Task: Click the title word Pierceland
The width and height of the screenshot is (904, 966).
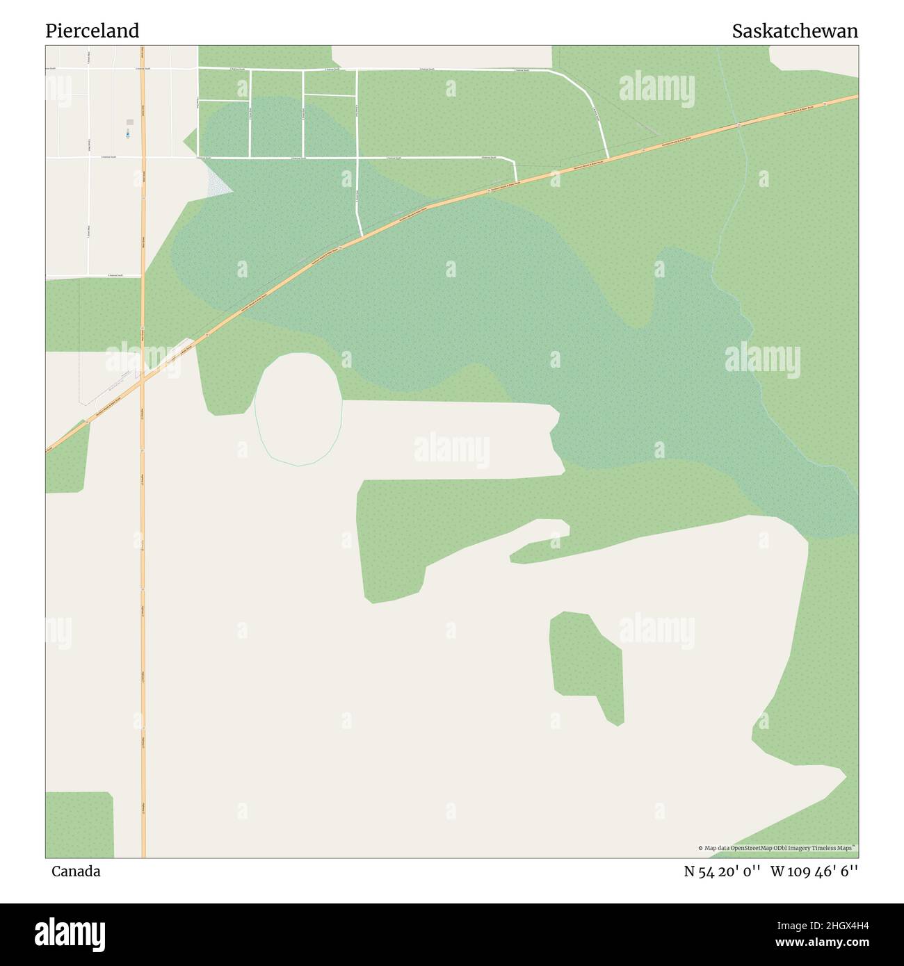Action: pyautogui.click(x=92, y=31)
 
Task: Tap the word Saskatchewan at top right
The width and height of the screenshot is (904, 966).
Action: pyautogui.click(x=794, y=31)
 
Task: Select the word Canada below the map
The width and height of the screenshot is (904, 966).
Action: pyautogui.click(x=76, y=871)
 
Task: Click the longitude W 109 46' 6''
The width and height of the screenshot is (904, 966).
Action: pyautogui.click(x=814, y=871)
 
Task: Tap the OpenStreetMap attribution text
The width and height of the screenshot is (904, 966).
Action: pyautogui.click(x=777, y=848)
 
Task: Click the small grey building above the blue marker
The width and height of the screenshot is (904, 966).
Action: pyautogui.click(x=129, y=122)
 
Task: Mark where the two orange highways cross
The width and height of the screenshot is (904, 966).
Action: pyautogui.click(x=143, y=381)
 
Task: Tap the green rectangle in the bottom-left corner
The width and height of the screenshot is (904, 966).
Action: pyautogui.click(x=79, y=824)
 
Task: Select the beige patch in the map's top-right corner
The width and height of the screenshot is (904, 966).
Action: pyautogui.click(x=814, y=58)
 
